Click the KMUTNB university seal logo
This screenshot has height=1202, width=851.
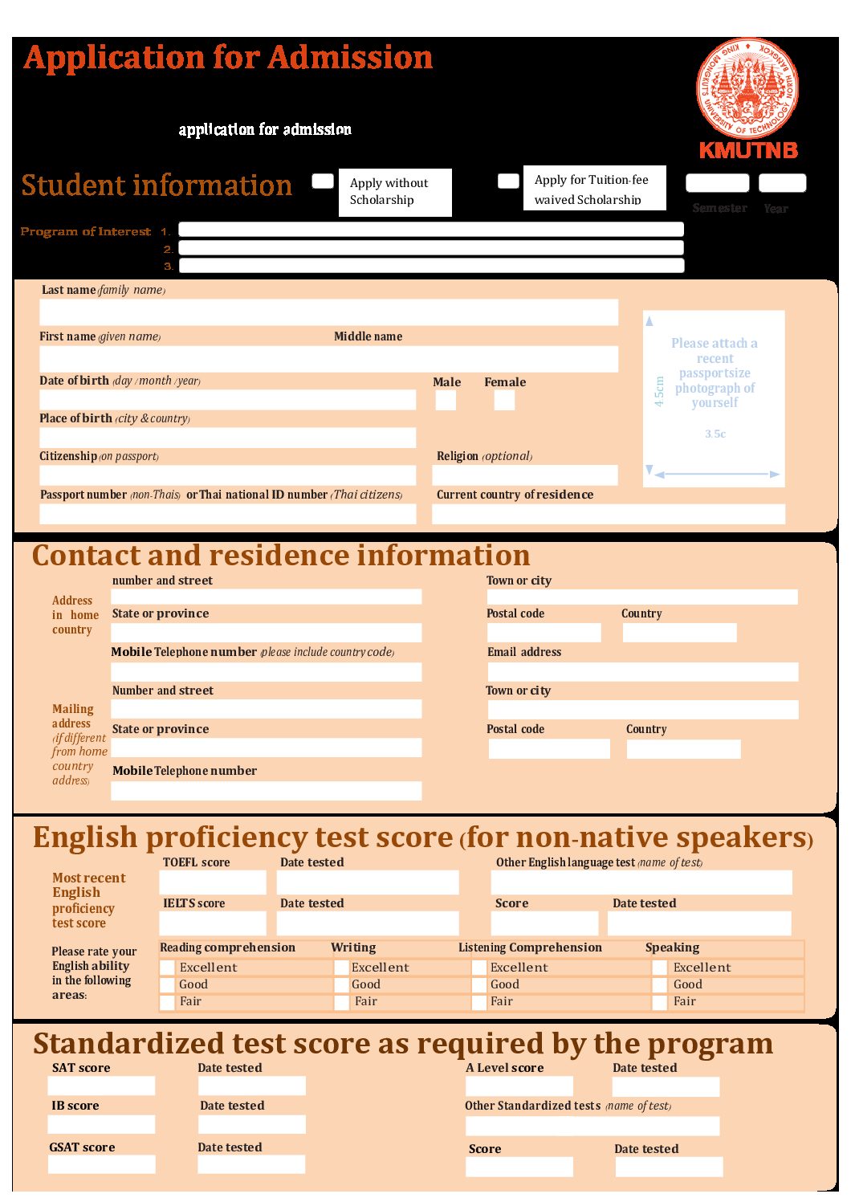click(747, 88)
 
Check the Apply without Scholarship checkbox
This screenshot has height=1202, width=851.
click(323, 181)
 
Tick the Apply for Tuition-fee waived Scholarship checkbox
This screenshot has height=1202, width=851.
click(508, 181)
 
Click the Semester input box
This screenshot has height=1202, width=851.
click(717, 183)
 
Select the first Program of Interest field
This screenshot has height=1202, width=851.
click(430, 230)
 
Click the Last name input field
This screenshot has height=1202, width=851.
click(328, 312)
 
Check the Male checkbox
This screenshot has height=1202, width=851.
click(446, 400)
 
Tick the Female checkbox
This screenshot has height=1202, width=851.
click(504, 400)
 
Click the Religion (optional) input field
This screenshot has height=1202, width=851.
click(525, 475)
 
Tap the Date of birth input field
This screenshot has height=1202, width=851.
click(227, 399)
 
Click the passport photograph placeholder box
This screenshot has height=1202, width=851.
click(714, 398)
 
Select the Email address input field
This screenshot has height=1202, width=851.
click(642, 671)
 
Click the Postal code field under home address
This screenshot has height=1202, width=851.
click(544, 633)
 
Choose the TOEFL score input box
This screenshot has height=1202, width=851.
click(213, 882)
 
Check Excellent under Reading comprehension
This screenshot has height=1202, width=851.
click(167, 968)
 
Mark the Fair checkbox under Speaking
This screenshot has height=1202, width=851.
click(659, 1002)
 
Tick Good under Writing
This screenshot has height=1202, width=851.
click(341, 984)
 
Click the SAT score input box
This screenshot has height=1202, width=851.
click(101, 1086)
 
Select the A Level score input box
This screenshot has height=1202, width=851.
click(519, 1086)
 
